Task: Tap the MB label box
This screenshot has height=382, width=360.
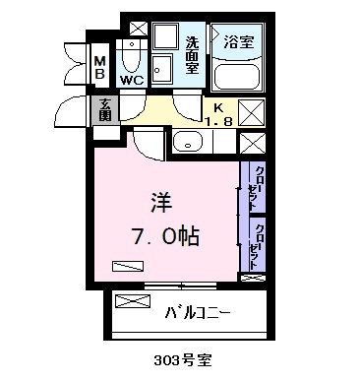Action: tap(99, 69)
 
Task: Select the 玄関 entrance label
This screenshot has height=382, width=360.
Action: tap(103, 108)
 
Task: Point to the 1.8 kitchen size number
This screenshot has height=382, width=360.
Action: tap(217, 121)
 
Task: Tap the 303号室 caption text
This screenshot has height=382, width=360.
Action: tap(182, 361)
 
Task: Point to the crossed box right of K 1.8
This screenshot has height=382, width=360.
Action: tap(251, 111)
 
